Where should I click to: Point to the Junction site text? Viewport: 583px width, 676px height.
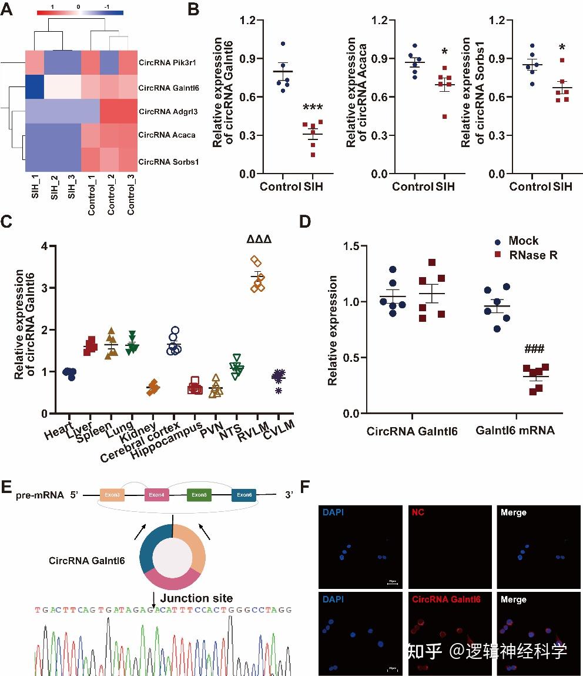click(196, 598)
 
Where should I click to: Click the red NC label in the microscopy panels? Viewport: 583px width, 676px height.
click(417, 512)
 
